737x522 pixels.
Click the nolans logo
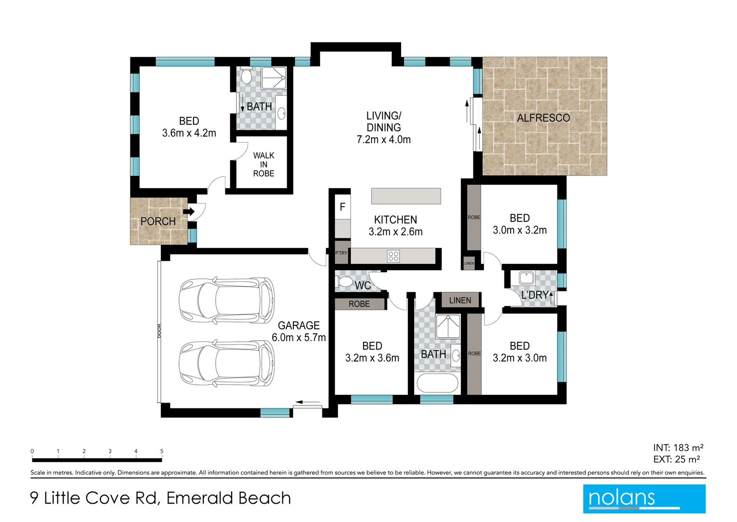point(644,498)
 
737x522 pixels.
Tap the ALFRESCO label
point(543,118)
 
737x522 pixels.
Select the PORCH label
point(158,221)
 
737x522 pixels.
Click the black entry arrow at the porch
point(189,211)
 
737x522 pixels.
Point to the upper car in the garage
point(226,300)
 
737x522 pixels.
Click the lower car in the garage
point(226,363)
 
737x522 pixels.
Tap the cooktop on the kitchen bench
point(393,256)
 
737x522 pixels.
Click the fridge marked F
point(343,207)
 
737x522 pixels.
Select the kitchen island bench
point(406,196)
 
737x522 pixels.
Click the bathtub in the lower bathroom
point(437,384)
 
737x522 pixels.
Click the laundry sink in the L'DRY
point(526,278)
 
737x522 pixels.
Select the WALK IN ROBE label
point(264,164)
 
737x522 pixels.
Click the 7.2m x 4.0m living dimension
point(384,140)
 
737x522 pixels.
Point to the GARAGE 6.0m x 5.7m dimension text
point(299,337)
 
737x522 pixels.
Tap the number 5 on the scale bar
point(162,451)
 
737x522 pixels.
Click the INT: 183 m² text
point(678,448)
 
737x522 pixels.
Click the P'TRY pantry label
point(341,253)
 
